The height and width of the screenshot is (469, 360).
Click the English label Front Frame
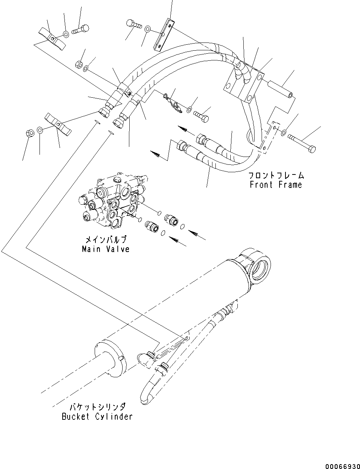pos(276,185)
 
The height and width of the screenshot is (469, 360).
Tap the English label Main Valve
pos(106,249)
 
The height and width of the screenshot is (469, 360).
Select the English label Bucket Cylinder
pos(97,417)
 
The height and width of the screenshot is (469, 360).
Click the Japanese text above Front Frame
pos(276,176)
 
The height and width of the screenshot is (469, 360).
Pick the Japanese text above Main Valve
pos(106,240)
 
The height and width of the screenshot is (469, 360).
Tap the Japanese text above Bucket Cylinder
pos(97,407)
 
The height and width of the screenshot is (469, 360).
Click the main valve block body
pos(112,201)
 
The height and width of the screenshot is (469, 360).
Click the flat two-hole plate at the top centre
pos(164,35)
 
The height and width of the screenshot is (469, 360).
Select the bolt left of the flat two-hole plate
pos(133,24)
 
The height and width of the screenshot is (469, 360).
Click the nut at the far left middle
pos(30,133)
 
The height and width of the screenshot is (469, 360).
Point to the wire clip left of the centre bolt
pos(174,104)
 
